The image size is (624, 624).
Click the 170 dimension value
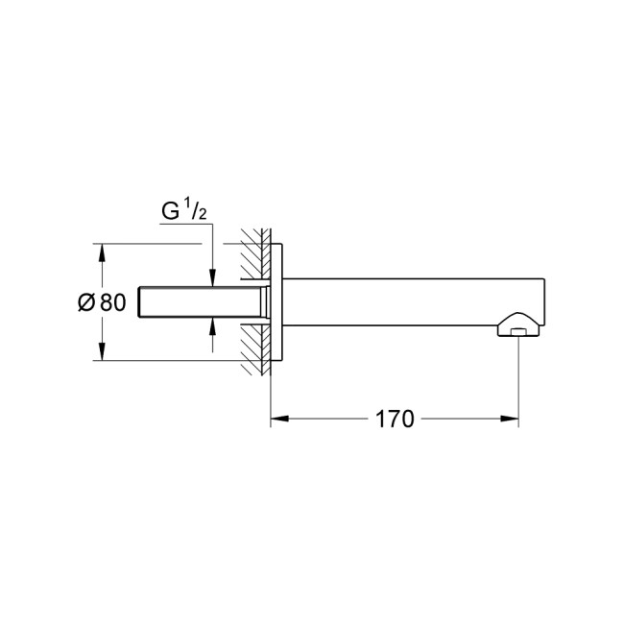395,420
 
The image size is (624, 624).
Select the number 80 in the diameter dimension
111,303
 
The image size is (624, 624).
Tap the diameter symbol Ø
86,303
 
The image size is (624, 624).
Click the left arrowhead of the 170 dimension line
276,420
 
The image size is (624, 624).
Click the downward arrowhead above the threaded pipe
213,279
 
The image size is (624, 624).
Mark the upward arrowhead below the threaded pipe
213,326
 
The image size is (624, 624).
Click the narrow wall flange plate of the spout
277,302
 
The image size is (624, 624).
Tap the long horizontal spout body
403,302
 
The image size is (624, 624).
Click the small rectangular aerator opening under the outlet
518,332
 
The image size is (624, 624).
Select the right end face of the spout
545,302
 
